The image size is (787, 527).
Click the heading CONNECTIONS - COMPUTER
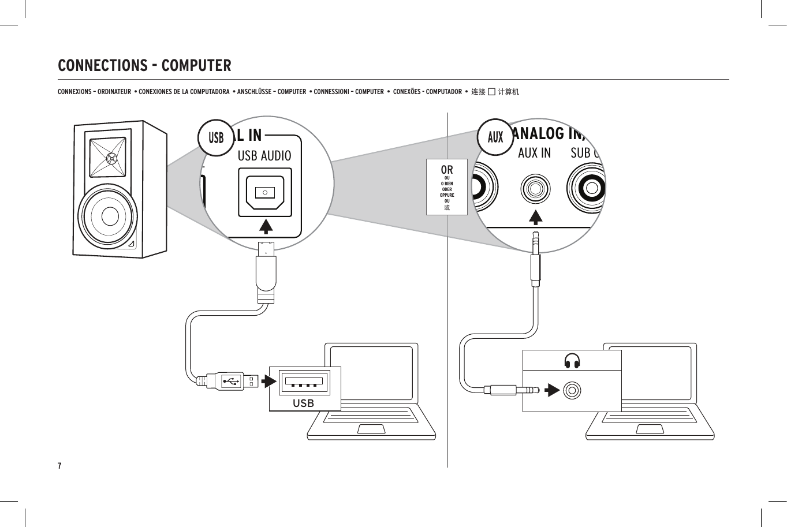pos(144,66)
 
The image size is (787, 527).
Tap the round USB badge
pos(216,138)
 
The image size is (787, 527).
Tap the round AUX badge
pos(495,137)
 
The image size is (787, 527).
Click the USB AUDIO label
pos(264,156)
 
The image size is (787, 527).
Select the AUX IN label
pos(534,153)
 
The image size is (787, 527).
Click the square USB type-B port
pos(265,192)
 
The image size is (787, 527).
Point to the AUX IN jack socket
pos(535,189)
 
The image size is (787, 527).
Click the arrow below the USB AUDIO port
pos(266,226)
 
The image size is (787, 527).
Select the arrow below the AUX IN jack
pos(536,217)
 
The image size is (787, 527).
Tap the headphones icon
pos(572,361)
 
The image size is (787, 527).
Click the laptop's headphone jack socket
pos(572,391)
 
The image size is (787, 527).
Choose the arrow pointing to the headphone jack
pos(553,390)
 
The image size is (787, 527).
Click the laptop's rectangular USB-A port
pos(304,382)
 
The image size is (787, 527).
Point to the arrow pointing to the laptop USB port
pos(268,382)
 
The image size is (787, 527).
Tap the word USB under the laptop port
pos(303,403)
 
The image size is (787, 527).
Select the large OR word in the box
pos(446,170)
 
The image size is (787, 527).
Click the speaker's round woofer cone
pos(109,216)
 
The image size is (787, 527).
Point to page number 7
pos(59,466)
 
